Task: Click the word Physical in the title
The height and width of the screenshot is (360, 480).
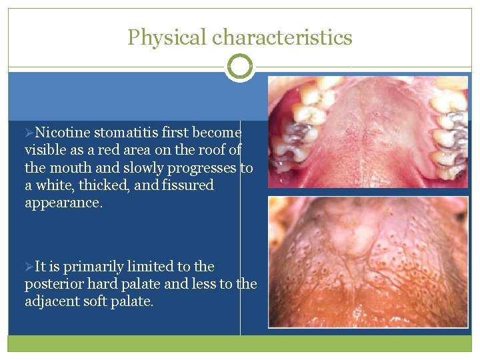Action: click(167, 37)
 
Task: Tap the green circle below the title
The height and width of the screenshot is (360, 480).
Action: click(240, 67)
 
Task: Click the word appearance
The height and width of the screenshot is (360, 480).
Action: click(63, 203)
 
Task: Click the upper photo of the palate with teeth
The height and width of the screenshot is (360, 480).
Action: click(367, 131)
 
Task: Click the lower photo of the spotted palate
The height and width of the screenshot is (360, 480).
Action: click(367, 262)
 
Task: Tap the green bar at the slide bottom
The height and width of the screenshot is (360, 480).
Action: click(240, 343)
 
